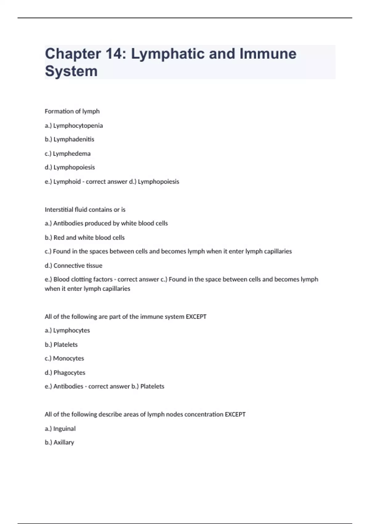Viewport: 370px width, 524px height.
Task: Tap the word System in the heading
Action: [71, 71]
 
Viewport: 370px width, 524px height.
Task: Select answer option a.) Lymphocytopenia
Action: [74, 125]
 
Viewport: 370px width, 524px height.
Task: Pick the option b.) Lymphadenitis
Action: [69, 139]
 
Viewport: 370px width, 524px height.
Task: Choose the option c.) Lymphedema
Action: [68, 154]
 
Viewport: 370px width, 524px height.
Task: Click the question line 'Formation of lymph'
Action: [72, 111]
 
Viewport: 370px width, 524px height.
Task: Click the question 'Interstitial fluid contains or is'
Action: [85, 210]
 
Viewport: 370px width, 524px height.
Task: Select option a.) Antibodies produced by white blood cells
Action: [106, 223]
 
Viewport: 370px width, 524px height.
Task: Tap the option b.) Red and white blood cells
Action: [84, 238]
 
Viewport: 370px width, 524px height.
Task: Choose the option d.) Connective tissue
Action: [73, 265]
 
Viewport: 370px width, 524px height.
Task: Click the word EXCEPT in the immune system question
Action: [196, 317]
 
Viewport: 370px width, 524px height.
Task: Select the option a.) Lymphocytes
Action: [67, 330]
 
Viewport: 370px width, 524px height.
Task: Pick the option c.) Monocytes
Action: [64, 358]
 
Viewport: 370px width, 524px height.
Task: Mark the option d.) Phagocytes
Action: [65, 373]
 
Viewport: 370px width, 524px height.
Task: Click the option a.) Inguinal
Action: [60, 428]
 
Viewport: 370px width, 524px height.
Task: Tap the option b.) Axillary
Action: [59, 442]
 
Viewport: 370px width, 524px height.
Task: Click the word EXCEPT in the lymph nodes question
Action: [235, 414]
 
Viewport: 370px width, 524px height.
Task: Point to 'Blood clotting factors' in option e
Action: [83, 279]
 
